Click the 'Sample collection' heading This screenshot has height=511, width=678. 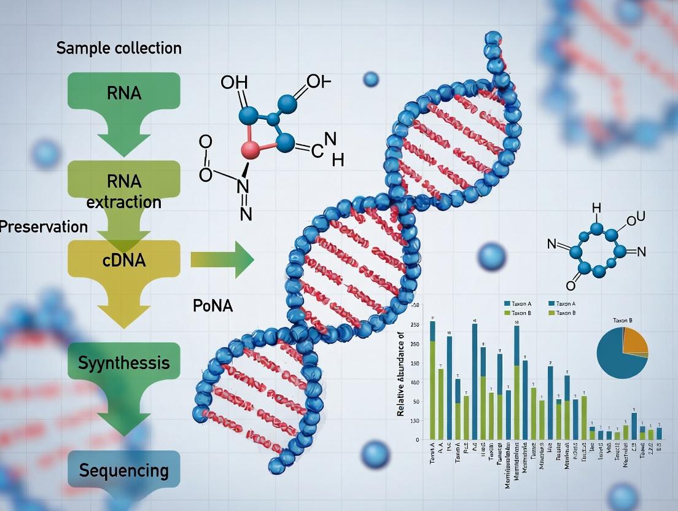point(119,48)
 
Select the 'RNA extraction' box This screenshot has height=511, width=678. point(123,191)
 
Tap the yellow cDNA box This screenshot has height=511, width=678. point(123,260)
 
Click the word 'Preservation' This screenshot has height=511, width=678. point(43,227)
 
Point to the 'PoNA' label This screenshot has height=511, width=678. point(212,306)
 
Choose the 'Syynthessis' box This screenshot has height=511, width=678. point(123,362)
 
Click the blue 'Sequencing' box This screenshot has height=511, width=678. point(123,471)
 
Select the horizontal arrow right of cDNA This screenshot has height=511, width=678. point(222,260)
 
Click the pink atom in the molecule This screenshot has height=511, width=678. point(251,149)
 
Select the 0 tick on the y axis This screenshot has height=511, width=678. point(418,440)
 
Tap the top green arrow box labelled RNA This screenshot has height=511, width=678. point(123,94)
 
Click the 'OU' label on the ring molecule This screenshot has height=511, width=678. point(636,217)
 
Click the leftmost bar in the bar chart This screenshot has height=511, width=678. point(432,381)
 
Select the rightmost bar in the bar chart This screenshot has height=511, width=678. point(659,433)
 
